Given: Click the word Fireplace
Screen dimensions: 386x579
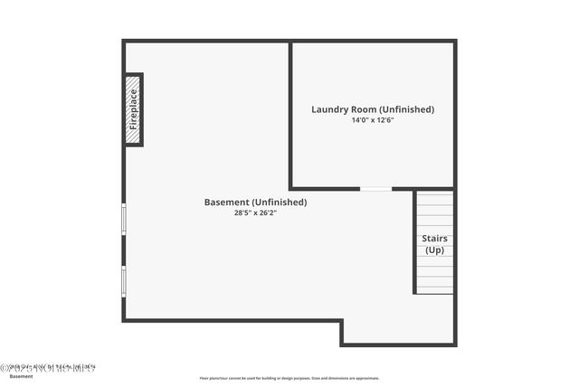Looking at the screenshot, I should coord(134,109).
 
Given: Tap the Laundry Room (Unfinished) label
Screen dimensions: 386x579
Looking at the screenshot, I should coord(373,109).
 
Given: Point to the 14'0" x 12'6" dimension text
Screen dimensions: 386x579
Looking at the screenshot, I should coord(373,120).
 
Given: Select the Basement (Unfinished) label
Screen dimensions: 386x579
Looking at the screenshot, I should coord(255,202).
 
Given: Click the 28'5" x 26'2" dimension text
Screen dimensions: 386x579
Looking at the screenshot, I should coord(255,213).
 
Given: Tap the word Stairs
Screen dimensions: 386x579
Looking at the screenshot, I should coord(434,239).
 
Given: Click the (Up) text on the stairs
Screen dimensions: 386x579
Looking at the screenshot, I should coord(434,249).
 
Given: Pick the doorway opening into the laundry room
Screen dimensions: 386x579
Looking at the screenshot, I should coord(375,188).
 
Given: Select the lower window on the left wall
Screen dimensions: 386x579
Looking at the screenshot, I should coord(124,280).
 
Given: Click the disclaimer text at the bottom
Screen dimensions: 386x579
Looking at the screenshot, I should coord(289,378).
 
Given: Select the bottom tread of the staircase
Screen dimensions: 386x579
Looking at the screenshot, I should coord(434,289).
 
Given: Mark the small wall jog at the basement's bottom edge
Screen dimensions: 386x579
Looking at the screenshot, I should coord(341,332).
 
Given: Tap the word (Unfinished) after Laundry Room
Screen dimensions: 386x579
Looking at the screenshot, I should coord(404,109).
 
